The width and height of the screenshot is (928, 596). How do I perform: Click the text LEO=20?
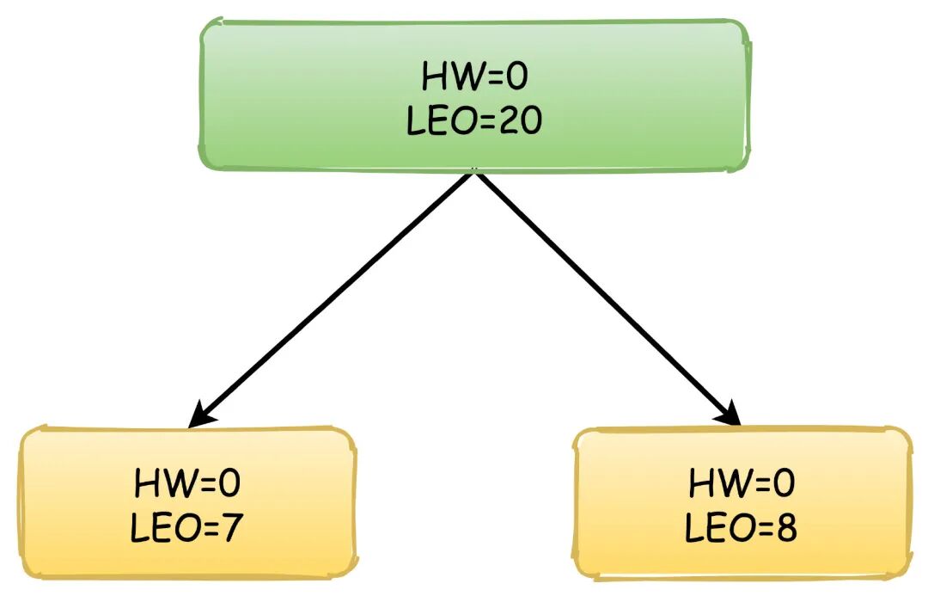[x=474, y=121]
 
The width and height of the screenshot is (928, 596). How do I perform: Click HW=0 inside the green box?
[x=474, y=77]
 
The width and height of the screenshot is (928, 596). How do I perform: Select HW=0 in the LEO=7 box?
[x=187, y=484]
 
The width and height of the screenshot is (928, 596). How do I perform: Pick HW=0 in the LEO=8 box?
[x=742, y=484]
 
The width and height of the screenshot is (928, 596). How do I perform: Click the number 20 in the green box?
[x=519, y=121]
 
